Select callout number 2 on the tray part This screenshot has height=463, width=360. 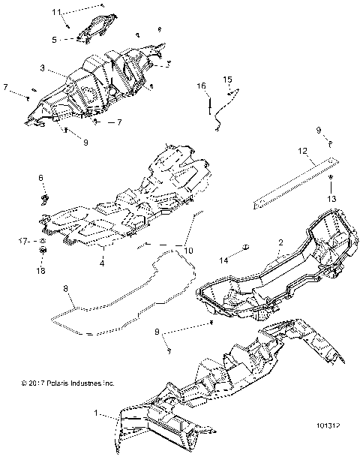[x=280, y=243]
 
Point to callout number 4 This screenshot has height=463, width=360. [x=102, y=262]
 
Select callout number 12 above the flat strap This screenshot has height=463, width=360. [x=302, y=151]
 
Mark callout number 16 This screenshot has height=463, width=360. [x=201, y=88]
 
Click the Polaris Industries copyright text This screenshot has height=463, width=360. [x=67, y=383]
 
